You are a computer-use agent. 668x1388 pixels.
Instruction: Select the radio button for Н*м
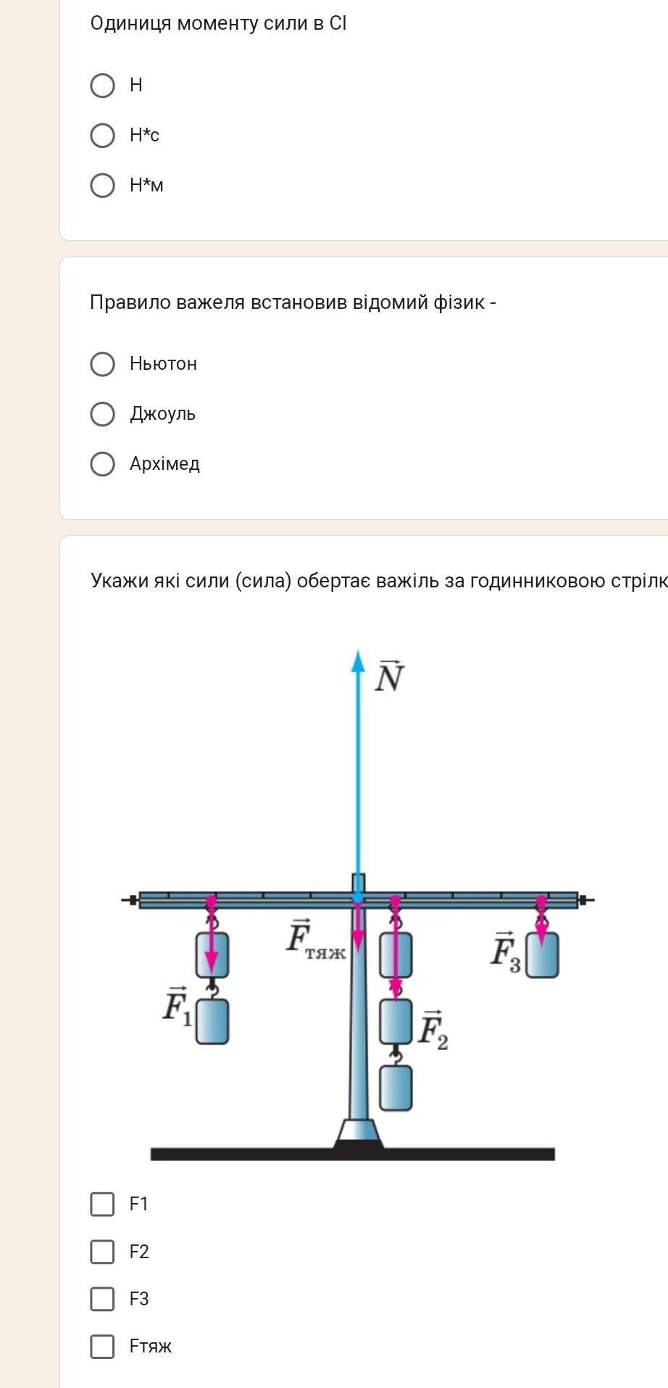point(103,185)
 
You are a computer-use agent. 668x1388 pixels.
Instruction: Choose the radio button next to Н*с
point(103,135)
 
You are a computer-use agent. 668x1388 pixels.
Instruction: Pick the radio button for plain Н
point(103,85)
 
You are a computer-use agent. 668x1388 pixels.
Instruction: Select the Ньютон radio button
point(103,363)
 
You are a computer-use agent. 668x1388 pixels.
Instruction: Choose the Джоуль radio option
point(103,413)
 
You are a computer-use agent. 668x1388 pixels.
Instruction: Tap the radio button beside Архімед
point(103,463)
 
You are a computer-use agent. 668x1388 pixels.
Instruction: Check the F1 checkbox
point(103,1204)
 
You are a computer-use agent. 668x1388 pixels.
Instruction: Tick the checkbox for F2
point(103,1252)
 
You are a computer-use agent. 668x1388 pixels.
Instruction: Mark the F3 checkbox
point(103,1299)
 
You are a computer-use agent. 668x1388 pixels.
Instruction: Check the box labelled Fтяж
point(103,1346)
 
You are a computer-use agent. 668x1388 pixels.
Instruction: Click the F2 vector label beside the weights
point(433,1030)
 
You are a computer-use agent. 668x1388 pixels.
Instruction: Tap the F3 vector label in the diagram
point(505,951)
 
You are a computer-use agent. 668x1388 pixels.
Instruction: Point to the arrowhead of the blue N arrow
point(358,660)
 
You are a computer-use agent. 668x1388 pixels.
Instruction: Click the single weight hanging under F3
point(542,955)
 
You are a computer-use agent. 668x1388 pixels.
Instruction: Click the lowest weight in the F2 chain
point(396,1088)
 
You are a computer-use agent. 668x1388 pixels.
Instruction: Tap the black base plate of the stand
point(352,1154)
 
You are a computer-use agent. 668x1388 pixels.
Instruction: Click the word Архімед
point(164,463)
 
